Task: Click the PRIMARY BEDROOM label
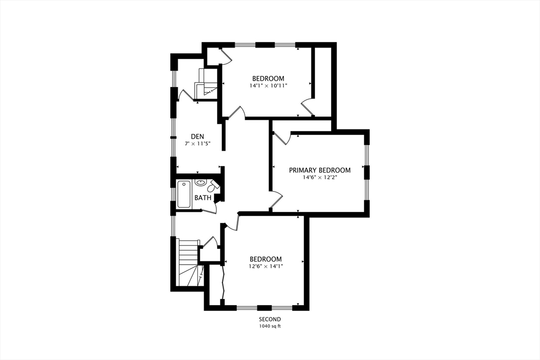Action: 320,170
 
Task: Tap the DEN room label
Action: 198,137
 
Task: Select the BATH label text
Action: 203,198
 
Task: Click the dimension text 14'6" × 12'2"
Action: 320,178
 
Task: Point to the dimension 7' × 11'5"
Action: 198,144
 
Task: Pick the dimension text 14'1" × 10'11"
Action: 268,86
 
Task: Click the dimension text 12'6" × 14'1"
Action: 266,266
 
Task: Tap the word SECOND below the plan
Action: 270,319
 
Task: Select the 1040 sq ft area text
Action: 270,326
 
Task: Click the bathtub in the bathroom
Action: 184,194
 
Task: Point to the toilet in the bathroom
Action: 213,187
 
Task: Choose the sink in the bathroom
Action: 200,182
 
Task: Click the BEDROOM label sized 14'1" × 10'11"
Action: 268,79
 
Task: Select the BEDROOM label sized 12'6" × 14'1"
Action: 266,259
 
